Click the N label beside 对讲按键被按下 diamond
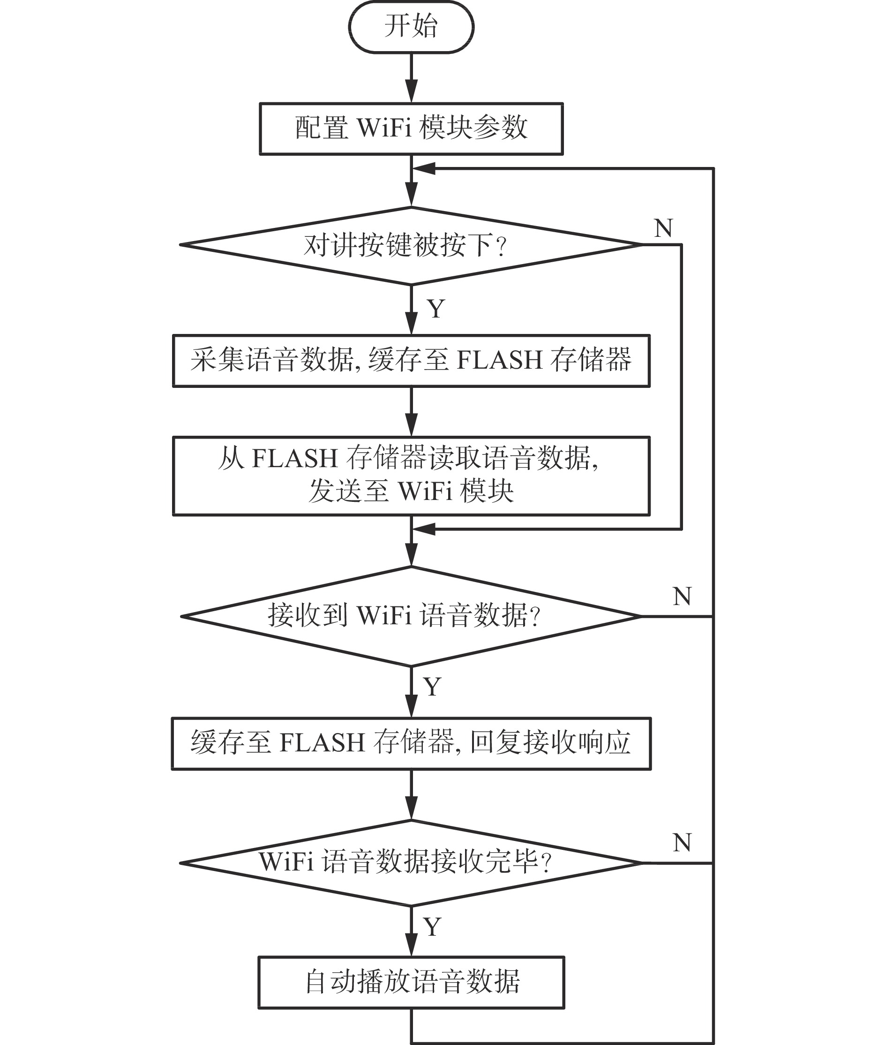[663, 228]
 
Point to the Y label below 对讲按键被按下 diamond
[436, 309]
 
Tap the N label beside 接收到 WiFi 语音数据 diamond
[682, 596]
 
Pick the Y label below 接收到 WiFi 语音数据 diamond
[432, 687]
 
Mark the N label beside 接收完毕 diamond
[682, 842]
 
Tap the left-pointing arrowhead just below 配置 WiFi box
[423, 169]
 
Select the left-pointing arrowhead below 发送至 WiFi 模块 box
[423, 529]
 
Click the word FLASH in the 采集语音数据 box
[499, 360]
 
